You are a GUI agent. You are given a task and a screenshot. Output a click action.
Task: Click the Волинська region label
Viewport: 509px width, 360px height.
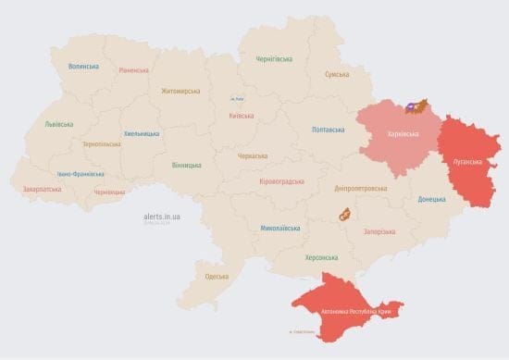point(83,67)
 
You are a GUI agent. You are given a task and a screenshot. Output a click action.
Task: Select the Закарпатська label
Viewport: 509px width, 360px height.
point(42,189)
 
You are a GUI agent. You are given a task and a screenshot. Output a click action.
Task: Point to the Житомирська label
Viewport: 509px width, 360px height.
point(180,91)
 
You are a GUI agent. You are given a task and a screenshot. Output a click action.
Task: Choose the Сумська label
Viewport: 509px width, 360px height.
point(337,74)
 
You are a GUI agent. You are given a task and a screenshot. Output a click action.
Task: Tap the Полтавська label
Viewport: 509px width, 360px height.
point(329,130)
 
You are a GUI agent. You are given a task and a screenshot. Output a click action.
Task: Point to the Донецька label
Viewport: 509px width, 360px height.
point(431,199)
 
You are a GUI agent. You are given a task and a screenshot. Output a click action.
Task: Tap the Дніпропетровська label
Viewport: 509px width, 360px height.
point(360,188)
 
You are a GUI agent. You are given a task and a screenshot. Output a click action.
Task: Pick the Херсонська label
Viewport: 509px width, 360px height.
point(321,257)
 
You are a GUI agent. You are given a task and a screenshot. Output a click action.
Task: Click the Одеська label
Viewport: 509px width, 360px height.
point(217,277)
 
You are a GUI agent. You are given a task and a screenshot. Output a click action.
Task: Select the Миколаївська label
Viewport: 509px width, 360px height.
point(279,228)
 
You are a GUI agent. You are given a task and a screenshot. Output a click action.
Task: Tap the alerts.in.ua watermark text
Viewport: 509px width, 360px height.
point(162,217)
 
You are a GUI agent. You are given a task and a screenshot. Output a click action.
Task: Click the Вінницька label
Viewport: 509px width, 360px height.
point(186,165)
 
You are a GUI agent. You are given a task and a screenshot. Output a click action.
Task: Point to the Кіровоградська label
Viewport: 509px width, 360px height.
point(281,181)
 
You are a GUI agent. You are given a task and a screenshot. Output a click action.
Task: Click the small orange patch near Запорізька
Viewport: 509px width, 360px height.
point(342,215)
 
